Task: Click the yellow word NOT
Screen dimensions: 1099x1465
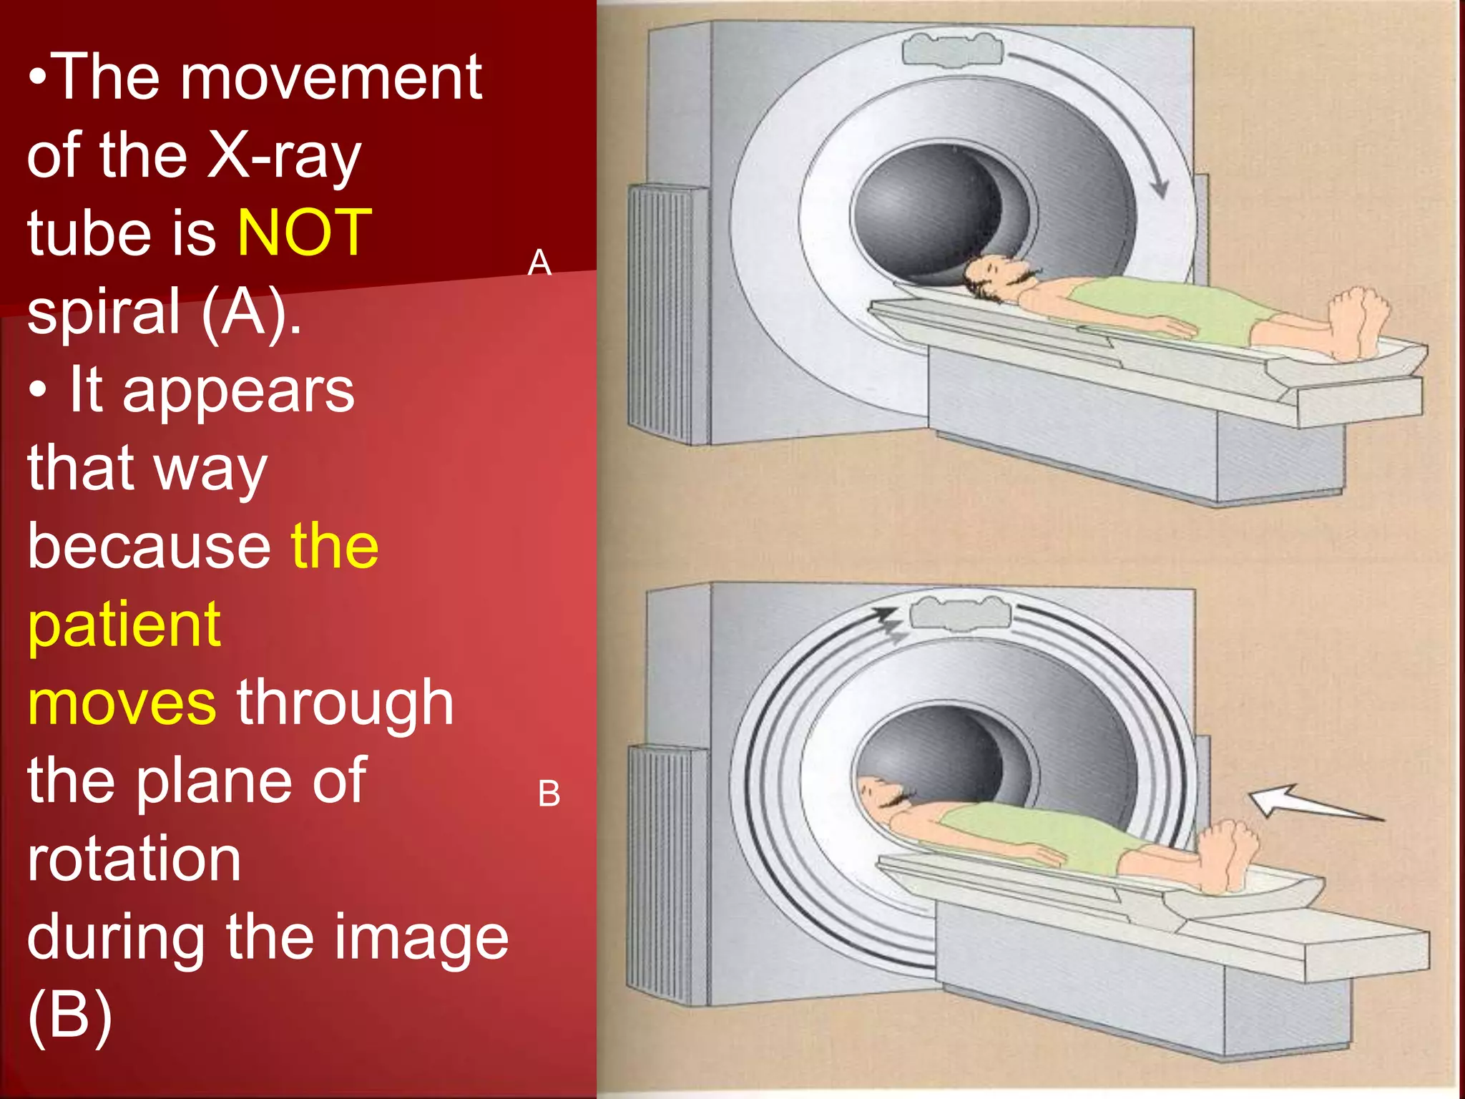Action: (x=304, y=233)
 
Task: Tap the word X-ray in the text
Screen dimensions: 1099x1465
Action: (x=284, y=156)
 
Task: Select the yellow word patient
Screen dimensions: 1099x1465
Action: (x=124, y=625)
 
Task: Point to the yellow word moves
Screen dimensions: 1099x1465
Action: (x=122, y=703)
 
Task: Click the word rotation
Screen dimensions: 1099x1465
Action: (x=134, y=859)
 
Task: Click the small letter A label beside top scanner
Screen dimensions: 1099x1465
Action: (x=539, y=263)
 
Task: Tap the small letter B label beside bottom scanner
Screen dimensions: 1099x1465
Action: (x=549, y=793)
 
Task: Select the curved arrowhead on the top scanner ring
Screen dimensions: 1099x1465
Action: (x=1159, y=188)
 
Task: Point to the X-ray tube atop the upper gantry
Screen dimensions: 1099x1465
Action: (x=952, y=50)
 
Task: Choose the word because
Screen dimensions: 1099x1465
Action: (x=149, y=547)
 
